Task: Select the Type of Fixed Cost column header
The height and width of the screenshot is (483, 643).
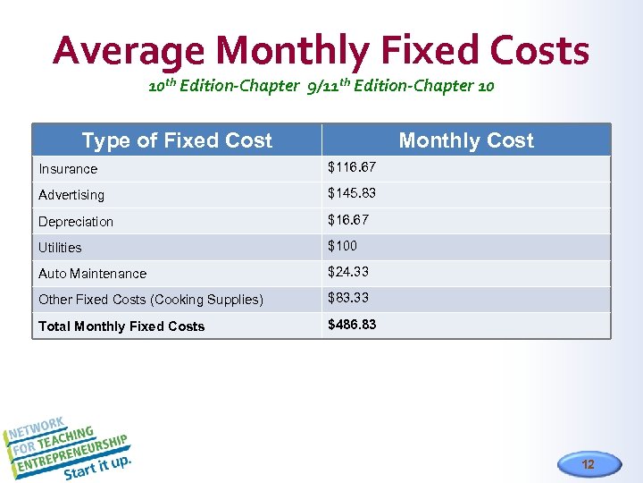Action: pyautogui.click(x=177, y=140)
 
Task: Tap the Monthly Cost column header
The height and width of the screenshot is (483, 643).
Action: pyautogui.click(x=465, y=140)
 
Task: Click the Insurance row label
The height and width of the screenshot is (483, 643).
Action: pyautogui.click(x=68, y=169)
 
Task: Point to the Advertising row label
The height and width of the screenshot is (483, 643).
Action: pyautogui.click(x=71, y=195)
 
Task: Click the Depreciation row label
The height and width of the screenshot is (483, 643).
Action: pyautogui.click(x=76, y=221)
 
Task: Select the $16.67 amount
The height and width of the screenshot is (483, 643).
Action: pyautogui.click(x=349, y=219)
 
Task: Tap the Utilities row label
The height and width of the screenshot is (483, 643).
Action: pyautogui.click(x=60, y=248)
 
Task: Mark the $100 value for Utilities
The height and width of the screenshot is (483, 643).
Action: pyautogui.click(x=343, y=246)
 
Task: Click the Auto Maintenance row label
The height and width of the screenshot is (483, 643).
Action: pyautogui.click(x=92, y=274)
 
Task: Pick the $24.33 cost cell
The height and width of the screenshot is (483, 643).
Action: pyautogui.click(x=349, y=272)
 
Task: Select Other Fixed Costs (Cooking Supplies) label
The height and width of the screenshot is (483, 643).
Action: pyautogui.click(x=150, y=300)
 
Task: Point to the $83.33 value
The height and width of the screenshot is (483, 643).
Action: pyautogui.click(x=349, y=298)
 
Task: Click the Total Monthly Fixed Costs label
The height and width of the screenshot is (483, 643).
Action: pyautogui.click(x=121, y=326)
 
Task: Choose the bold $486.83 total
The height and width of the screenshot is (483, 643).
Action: pyautogui.click(x=352, y=325)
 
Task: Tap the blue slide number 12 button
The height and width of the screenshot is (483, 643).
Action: pyautogui.click(x=587, y=464)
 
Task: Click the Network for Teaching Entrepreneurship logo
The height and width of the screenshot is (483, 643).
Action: pyautogui.click(x=70, y=447)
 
